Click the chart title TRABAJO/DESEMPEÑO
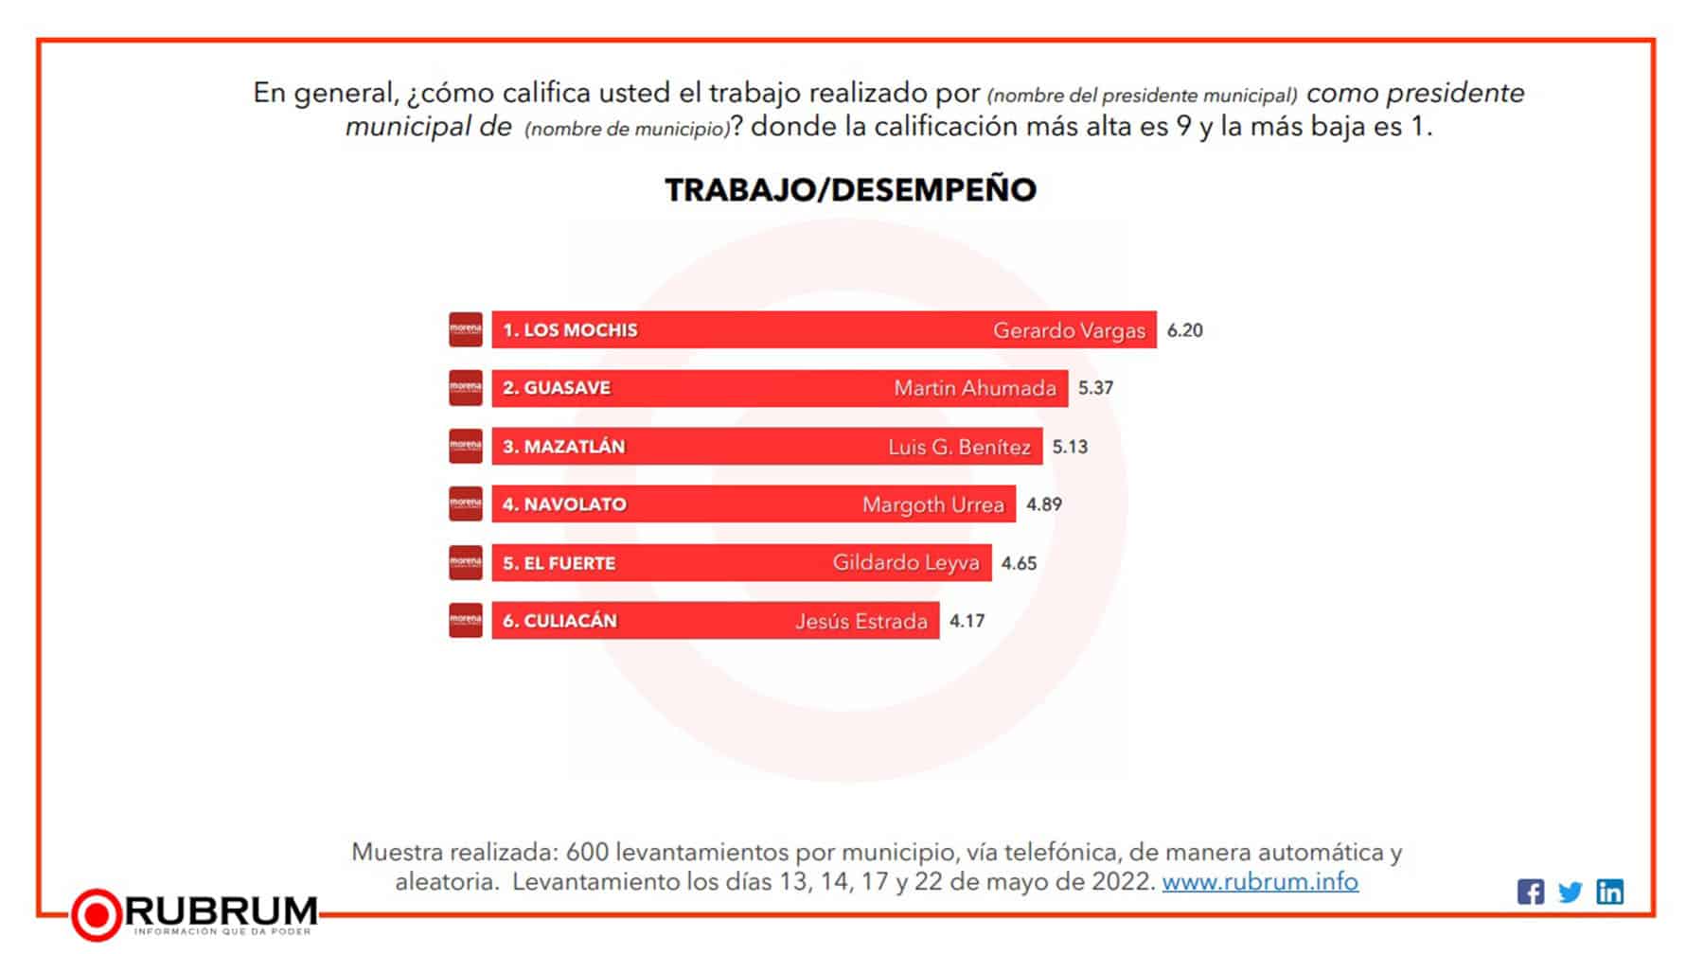coord(850,190)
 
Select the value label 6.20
coord(1184,330)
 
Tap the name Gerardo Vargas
coord(1069,330)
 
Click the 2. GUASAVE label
coord(557,388)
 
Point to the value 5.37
coord(1095,388)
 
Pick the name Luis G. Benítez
coord(959,447)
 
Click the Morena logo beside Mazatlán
coord(466,446)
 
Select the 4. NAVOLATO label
coord(564,504)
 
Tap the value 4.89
coord(1044,504)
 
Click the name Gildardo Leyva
coord(905,563)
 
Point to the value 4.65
coord(1019,563)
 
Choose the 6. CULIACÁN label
coord(559,621)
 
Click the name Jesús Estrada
coord(861,622)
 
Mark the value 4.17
coord(967,621)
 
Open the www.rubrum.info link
coord(1259,881)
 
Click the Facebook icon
coord(1530,892)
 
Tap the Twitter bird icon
coord(1570,892)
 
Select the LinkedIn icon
coord(1609,892)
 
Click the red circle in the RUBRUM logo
coord(97,914)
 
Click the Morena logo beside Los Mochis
coord(466,329)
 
